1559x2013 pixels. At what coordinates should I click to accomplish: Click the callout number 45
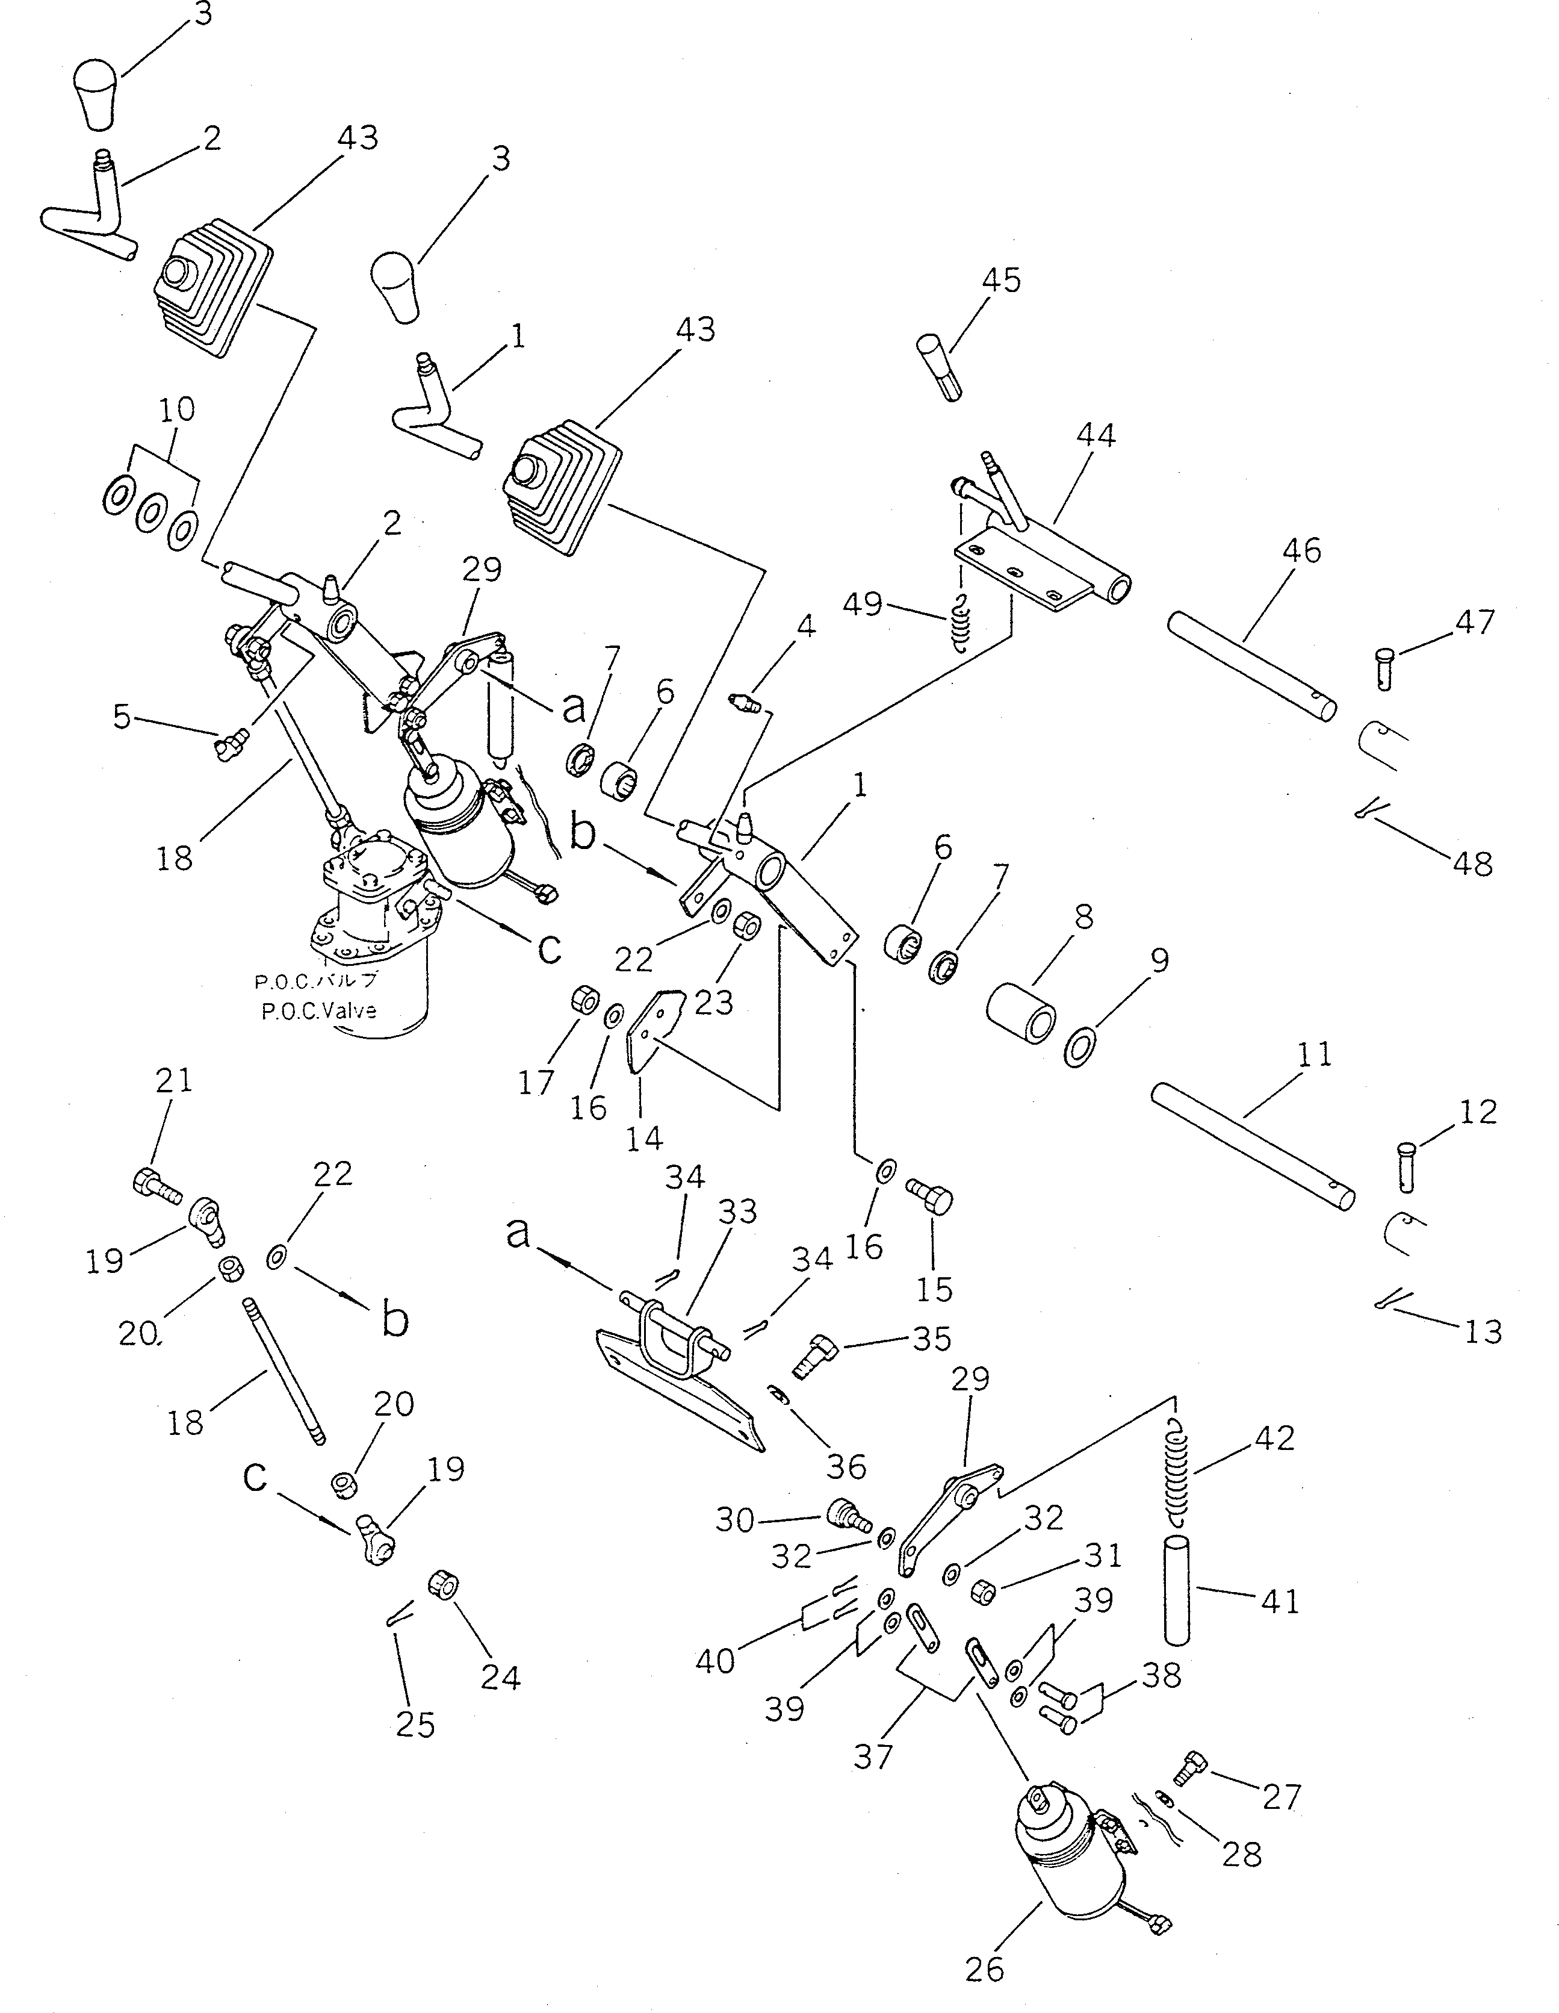pyautogui.click(x=1002, y=279)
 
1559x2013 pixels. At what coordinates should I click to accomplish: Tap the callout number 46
pyautogui.click(x=1301, y=550)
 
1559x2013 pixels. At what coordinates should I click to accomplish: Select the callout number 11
pyautogui.click(x=1314, y=1054)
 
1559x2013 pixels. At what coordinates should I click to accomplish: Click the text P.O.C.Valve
pyautogui.click(x=319, y=1011)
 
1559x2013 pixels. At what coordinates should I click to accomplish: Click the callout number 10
pyautogui.click(x=177, y=408)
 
